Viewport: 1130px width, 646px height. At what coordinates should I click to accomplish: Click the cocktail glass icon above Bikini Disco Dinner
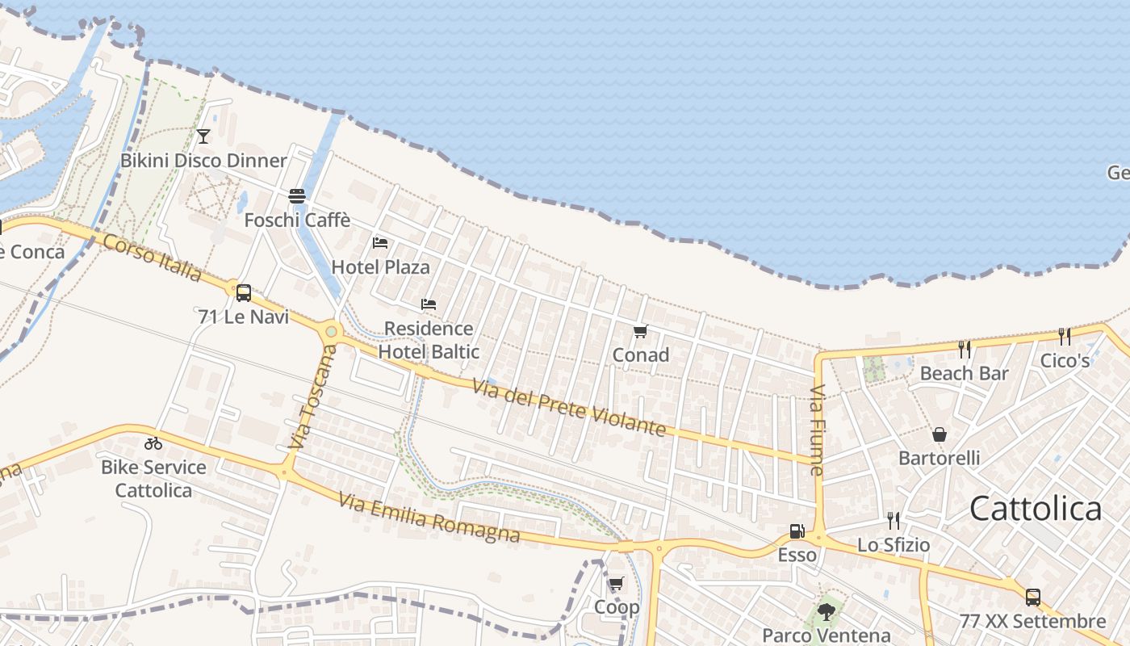(203, 136)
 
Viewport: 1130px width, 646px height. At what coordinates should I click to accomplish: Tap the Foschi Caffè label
(297, 220)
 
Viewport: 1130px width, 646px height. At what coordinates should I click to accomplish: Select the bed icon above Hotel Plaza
(380, 242)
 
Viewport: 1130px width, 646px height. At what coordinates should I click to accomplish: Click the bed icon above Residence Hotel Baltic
(429, 304)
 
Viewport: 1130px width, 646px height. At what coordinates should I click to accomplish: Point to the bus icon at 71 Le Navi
(243, 292)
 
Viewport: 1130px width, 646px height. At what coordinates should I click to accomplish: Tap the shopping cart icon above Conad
(641, 331)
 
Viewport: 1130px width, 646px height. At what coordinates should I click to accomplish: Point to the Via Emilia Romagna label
(429, 518)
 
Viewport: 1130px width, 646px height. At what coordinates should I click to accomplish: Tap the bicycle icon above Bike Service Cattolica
(153, 443)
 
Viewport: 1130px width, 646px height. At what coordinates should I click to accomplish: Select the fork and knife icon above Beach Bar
(965, 349)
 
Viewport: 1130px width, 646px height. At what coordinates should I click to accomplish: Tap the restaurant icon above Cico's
(1065, 337)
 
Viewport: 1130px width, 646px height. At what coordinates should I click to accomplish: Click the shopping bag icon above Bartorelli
(940, 434)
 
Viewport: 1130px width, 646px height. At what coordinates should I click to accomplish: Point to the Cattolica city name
(1036, 509)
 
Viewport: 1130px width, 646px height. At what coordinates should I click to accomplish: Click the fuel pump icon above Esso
(797, 531)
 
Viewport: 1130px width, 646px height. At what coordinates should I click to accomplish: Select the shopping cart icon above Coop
(617, 583)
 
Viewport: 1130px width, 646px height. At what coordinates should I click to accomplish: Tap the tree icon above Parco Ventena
(826, 612)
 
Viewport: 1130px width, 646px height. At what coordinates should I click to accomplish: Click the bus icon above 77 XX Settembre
(1032, 598)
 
